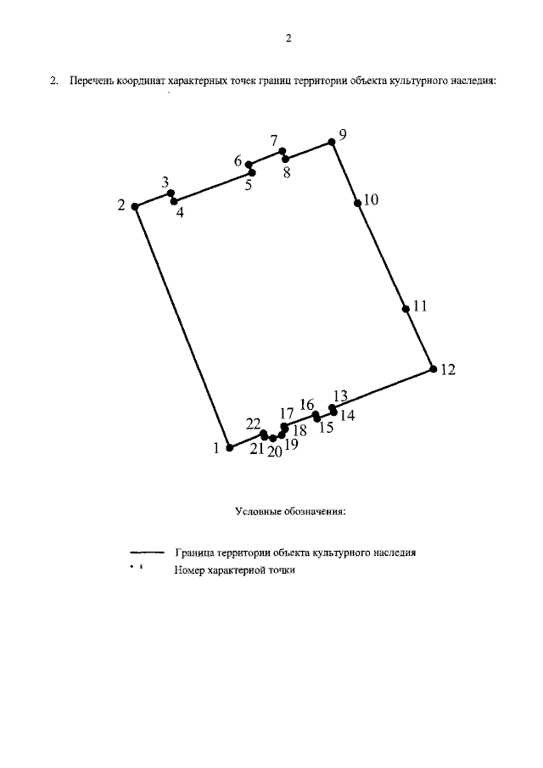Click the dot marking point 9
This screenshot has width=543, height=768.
(332, 142)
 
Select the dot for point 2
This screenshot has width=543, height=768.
(135, 206)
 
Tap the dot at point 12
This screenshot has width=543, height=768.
(433, 369)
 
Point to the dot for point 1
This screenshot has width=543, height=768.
(229, 448)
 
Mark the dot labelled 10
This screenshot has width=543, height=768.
(357, 203)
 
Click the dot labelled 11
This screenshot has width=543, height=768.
(406, 309)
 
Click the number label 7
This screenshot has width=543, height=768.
(274, 141)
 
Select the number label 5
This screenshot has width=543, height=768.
(249, 185)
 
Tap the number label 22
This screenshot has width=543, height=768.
(253, 423)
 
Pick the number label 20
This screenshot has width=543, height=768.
(275, 451)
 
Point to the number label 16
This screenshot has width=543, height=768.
(306, 405)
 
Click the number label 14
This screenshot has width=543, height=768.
(348, 415)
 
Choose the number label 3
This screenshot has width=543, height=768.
(165, 183)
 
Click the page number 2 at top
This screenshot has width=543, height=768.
(288, 38)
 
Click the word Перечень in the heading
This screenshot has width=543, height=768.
(92, 81)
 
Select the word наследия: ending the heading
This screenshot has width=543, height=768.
(473, 81)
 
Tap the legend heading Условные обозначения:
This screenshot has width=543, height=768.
(290, 512)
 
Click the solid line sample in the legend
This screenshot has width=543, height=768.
(147, 552)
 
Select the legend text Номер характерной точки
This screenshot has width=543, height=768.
(234, 570)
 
